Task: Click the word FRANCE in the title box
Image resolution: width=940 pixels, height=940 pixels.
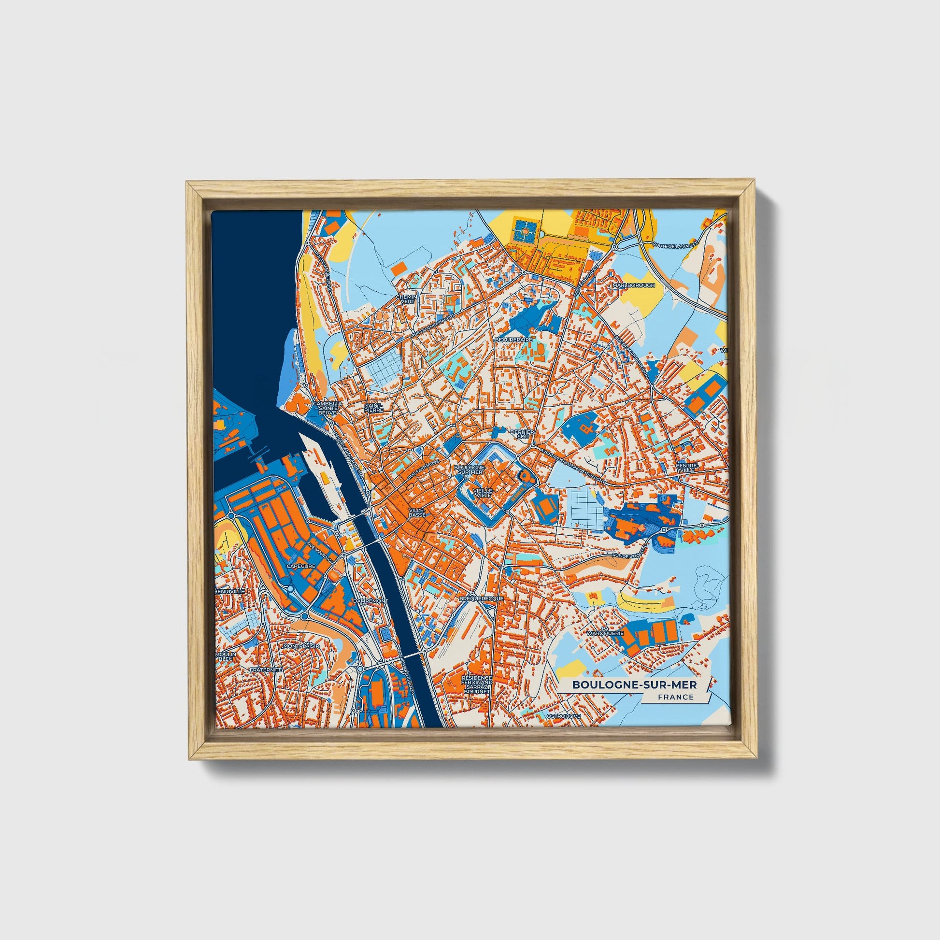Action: tap(676, 697)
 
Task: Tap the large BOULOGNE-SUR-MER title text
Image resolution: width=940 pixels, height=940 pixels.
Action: tap(634, 684)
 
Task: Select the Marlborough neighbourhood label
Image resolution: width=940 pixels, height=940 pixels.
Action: tap(633, 285)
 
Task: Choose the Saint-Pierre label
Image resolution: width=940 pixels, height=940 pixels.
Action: tap(374, 407)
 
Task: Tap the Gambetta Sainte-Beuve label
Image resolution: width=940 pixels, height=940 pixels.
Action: tap(327, 408)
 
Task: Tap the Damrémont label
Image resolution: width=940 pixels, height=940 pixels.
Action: tap(371, 601)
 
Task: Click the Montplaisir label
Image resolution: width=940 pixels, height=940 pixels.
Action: tap(301, 646)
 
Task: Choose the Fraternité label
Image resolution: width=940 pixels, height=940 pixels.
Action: tap(266, 669)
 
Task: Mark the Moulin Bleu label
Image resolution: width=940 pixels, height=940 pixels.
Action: tap(227, 657)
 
